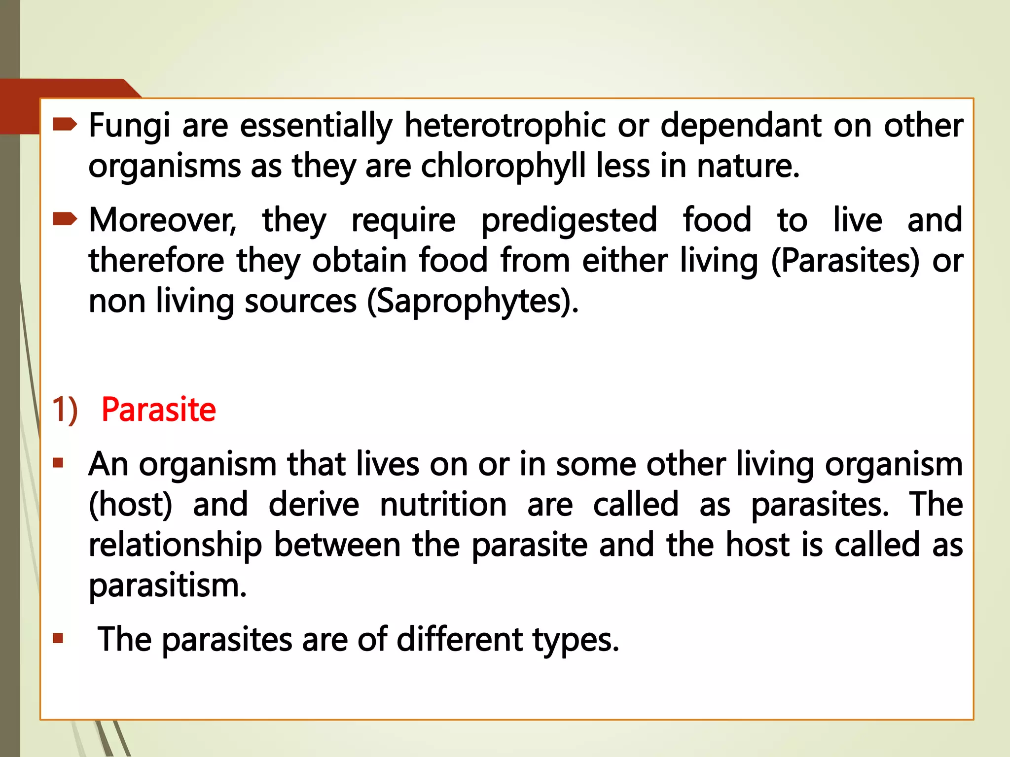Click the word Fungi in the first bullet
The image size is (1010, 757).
129,126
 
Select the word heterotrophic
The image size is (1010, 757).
505,126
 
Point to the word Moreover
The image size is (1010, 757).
163,220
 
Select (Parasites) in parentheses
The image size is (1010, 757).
845,261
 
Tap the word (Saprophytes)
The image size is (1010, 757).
472,302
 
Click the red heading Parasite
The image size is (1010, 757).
158,410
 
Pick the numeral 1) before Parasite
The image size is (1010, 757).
65,410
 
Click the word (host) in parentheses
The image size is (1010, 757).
131,505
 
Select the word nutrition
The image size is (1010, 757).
443,505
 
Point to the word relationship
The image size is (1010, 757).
175,546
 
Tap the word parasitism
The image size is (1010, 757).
168,586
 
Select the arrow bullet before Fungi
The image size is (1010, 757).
65,124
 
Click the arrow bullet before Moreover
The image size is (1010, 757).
65,219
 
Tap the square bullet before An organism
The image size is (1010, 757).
58,463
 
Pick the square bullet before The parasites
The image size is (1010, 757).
58,639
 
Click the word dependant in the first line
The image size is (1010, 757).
741,126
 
